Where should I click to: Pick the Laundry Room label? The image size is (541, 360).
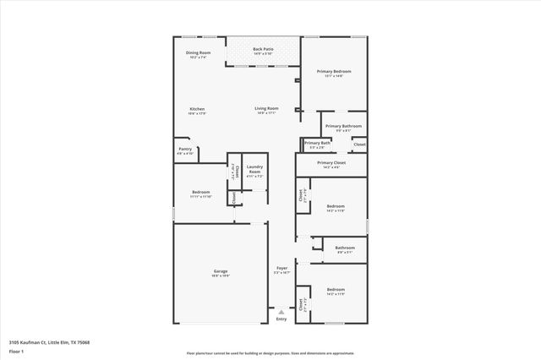pos(254,169)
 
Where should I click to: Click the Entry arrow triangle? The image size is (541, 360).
pos(281,311)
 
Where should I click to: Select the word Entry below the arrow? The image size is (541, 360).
pos(281,319)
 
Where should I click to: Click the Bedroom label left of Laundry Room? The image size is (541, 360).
pos(201,193)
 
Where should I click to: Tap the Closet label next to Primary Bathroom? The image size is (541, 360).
pos(359,145)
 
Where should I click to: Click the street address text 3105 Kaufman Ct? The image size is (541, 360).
pos(49,342)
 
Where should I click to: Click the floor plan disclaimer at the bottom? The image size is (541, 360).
pos(270,353)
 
